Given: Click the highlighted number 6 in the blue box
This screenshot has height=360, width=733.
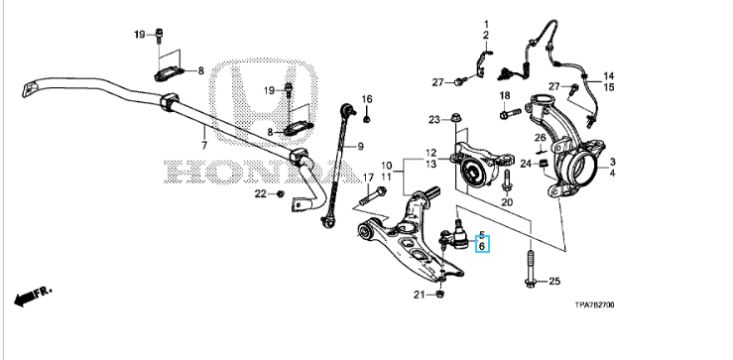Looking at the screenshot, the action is coord(482,245).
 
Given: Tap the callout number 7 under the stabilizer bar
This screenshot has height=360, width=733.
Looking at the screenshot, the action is coord(204,146).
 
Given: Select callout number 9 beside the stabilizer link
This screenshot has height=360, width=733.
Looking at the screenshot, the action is coord(360,147).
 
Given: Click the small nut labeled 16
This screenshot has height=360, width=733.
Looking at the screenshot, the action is coord(367,119).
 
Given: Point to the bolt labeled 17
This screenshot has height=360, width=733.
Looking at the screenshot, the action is coord(373,196).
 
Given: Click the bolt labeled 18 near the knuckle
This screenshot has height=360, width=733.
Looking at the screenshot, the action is coord(510,113).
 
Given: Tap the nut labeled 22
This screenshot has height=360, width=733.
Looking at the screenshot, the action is coord(280,193).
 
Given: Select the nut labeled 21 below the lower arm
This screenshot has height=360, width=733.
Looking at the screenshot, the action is coord(439,295).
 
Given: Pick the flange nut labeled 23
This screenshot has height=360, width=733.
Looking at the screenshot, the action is coord(454,117).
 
